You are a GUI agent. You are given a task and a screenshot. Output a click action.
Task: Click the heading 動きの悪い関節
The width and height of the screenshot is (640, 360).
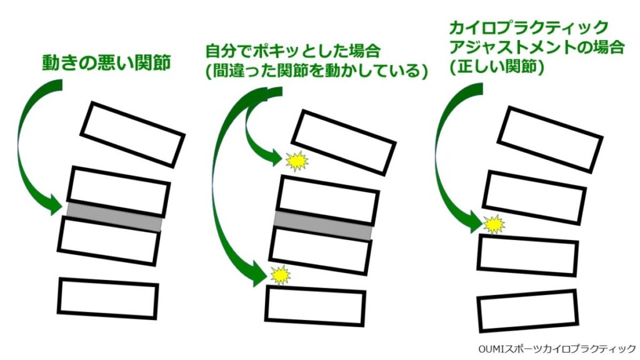[x=106, y=63]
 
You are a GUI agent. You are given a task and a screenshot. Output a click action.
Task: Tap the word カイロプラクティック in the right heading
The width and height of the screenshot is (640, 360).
[x=529, y=27]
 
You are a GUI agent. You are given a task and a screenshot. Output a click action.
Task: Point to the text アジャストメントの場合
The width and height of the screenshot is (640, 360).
[x=536, y=47]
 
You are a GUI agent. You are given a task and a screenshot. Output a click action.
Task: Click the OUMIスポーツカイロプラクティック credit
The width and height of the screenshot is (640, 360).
[x=555, y=348]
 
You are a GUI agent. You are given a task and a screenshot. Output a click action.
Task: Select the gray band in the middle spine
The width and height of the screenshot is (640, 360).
[x=324, y=225]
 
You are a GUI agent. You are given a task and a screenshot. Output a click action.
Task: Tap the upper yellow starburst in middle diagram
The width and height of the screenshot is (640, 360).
[x=296, y=161]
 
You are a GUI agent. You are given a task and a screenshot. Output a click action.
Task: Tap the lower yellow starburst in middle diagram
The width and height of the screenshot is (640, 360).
[x=281, y=274]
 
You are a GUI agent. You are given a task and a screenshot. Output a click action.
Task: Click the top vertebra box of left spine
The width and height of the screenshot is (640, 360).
[x=132, y=134]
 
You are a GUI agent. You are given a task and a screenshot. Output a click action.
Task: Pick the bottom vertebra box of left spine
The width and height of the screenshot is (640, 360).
[x=108, y=299]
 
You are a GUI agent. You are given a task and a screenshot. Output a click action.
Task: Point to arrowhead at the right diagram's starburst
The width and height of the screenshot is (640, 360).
[x=476, y=224]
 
